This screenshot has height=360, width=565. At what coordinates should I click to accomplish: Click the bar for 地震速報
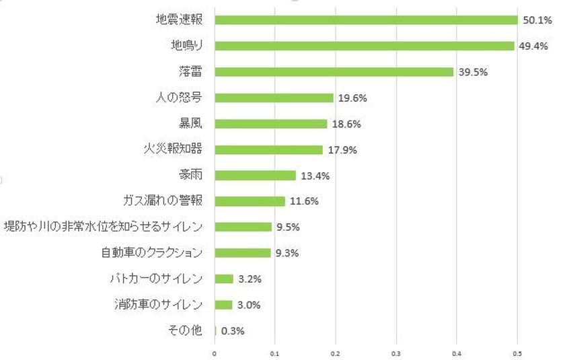366,20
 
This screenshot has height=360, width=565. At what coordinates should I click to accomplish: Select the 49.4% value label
532,46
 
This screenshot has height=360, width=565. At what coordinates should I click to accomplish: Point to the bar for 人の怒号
274,98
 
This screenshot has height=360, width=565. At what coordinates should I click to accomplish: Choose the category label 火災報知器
174,149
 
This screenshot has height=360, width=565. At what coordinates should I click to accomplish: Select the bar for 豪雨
255,176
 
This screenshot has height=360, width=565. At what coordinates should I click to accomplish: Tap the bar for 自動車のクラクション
242,253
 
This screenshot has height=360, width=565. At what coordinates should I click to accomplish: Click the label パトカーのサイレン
155,279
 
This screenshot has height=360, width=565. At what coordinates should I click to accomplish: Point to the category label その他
184,330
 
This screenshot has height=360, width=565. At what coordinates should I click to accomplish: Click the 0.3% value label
233,331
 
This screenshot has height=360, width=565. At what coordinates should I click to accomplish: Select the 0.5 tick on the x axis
517,353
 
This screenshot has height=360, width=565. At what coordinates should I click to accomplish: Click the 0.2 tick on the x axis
335,353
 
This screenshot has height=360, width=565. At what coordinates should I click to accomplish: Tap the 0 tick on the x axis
215,353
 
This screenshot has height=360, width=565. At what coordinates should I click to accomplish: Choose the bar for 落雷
334,72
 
